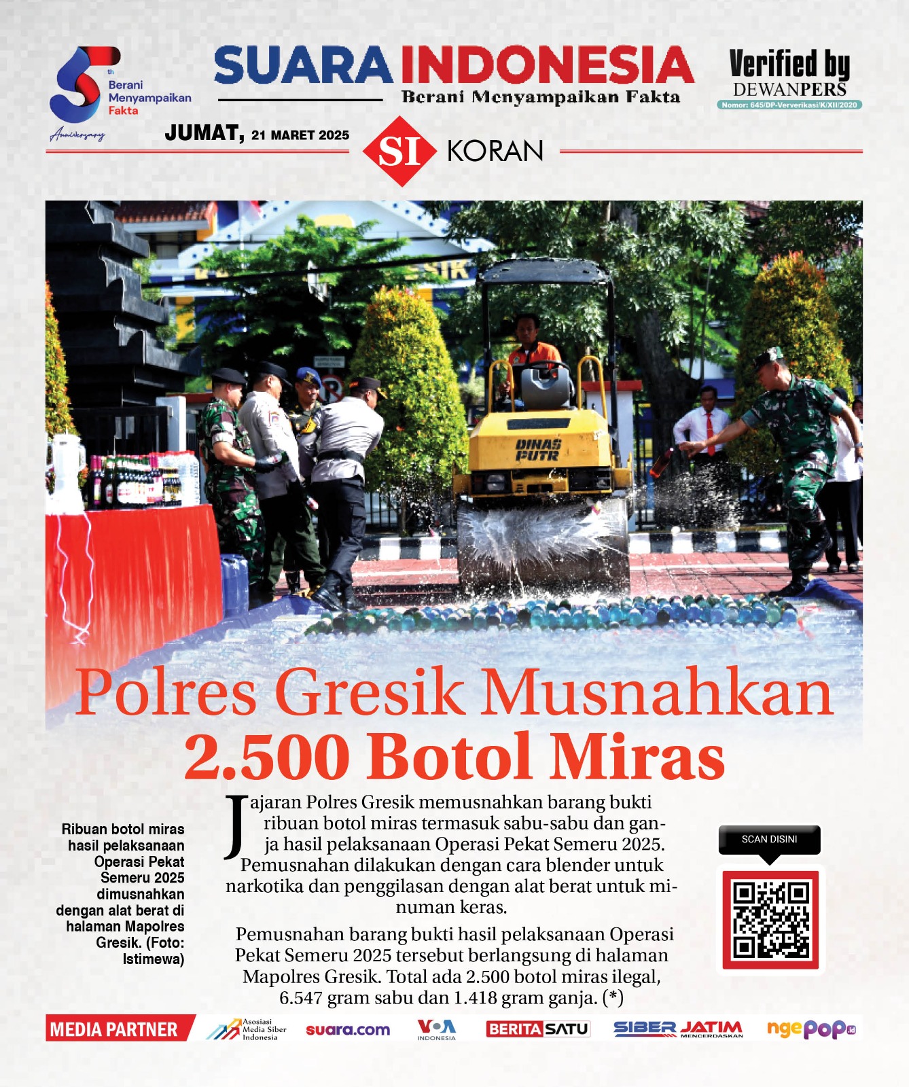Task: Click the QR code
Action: click(770, 919)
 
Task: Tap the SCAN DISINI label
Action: click(769, 840)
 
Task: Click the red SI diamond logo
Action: click(399, 151)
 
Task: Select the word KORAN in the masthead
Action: click(495, 151)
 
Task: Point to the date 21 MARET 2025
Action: click(300, 135)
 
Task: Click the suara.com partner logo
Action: click(348, 1029)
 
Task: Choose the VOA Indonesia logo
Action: click(436, 1029)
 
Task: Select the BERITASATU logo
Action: click(537, 1029)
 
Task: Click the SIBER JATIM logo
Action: click(677, 1029)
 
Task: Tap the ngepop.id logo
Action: click(810, 1029)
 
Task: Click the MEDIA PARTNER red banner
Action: click(114, 1029)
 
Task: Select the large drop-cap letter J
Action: click(236, 825)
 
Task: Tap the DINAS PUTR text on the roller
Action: click(538, 450)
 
